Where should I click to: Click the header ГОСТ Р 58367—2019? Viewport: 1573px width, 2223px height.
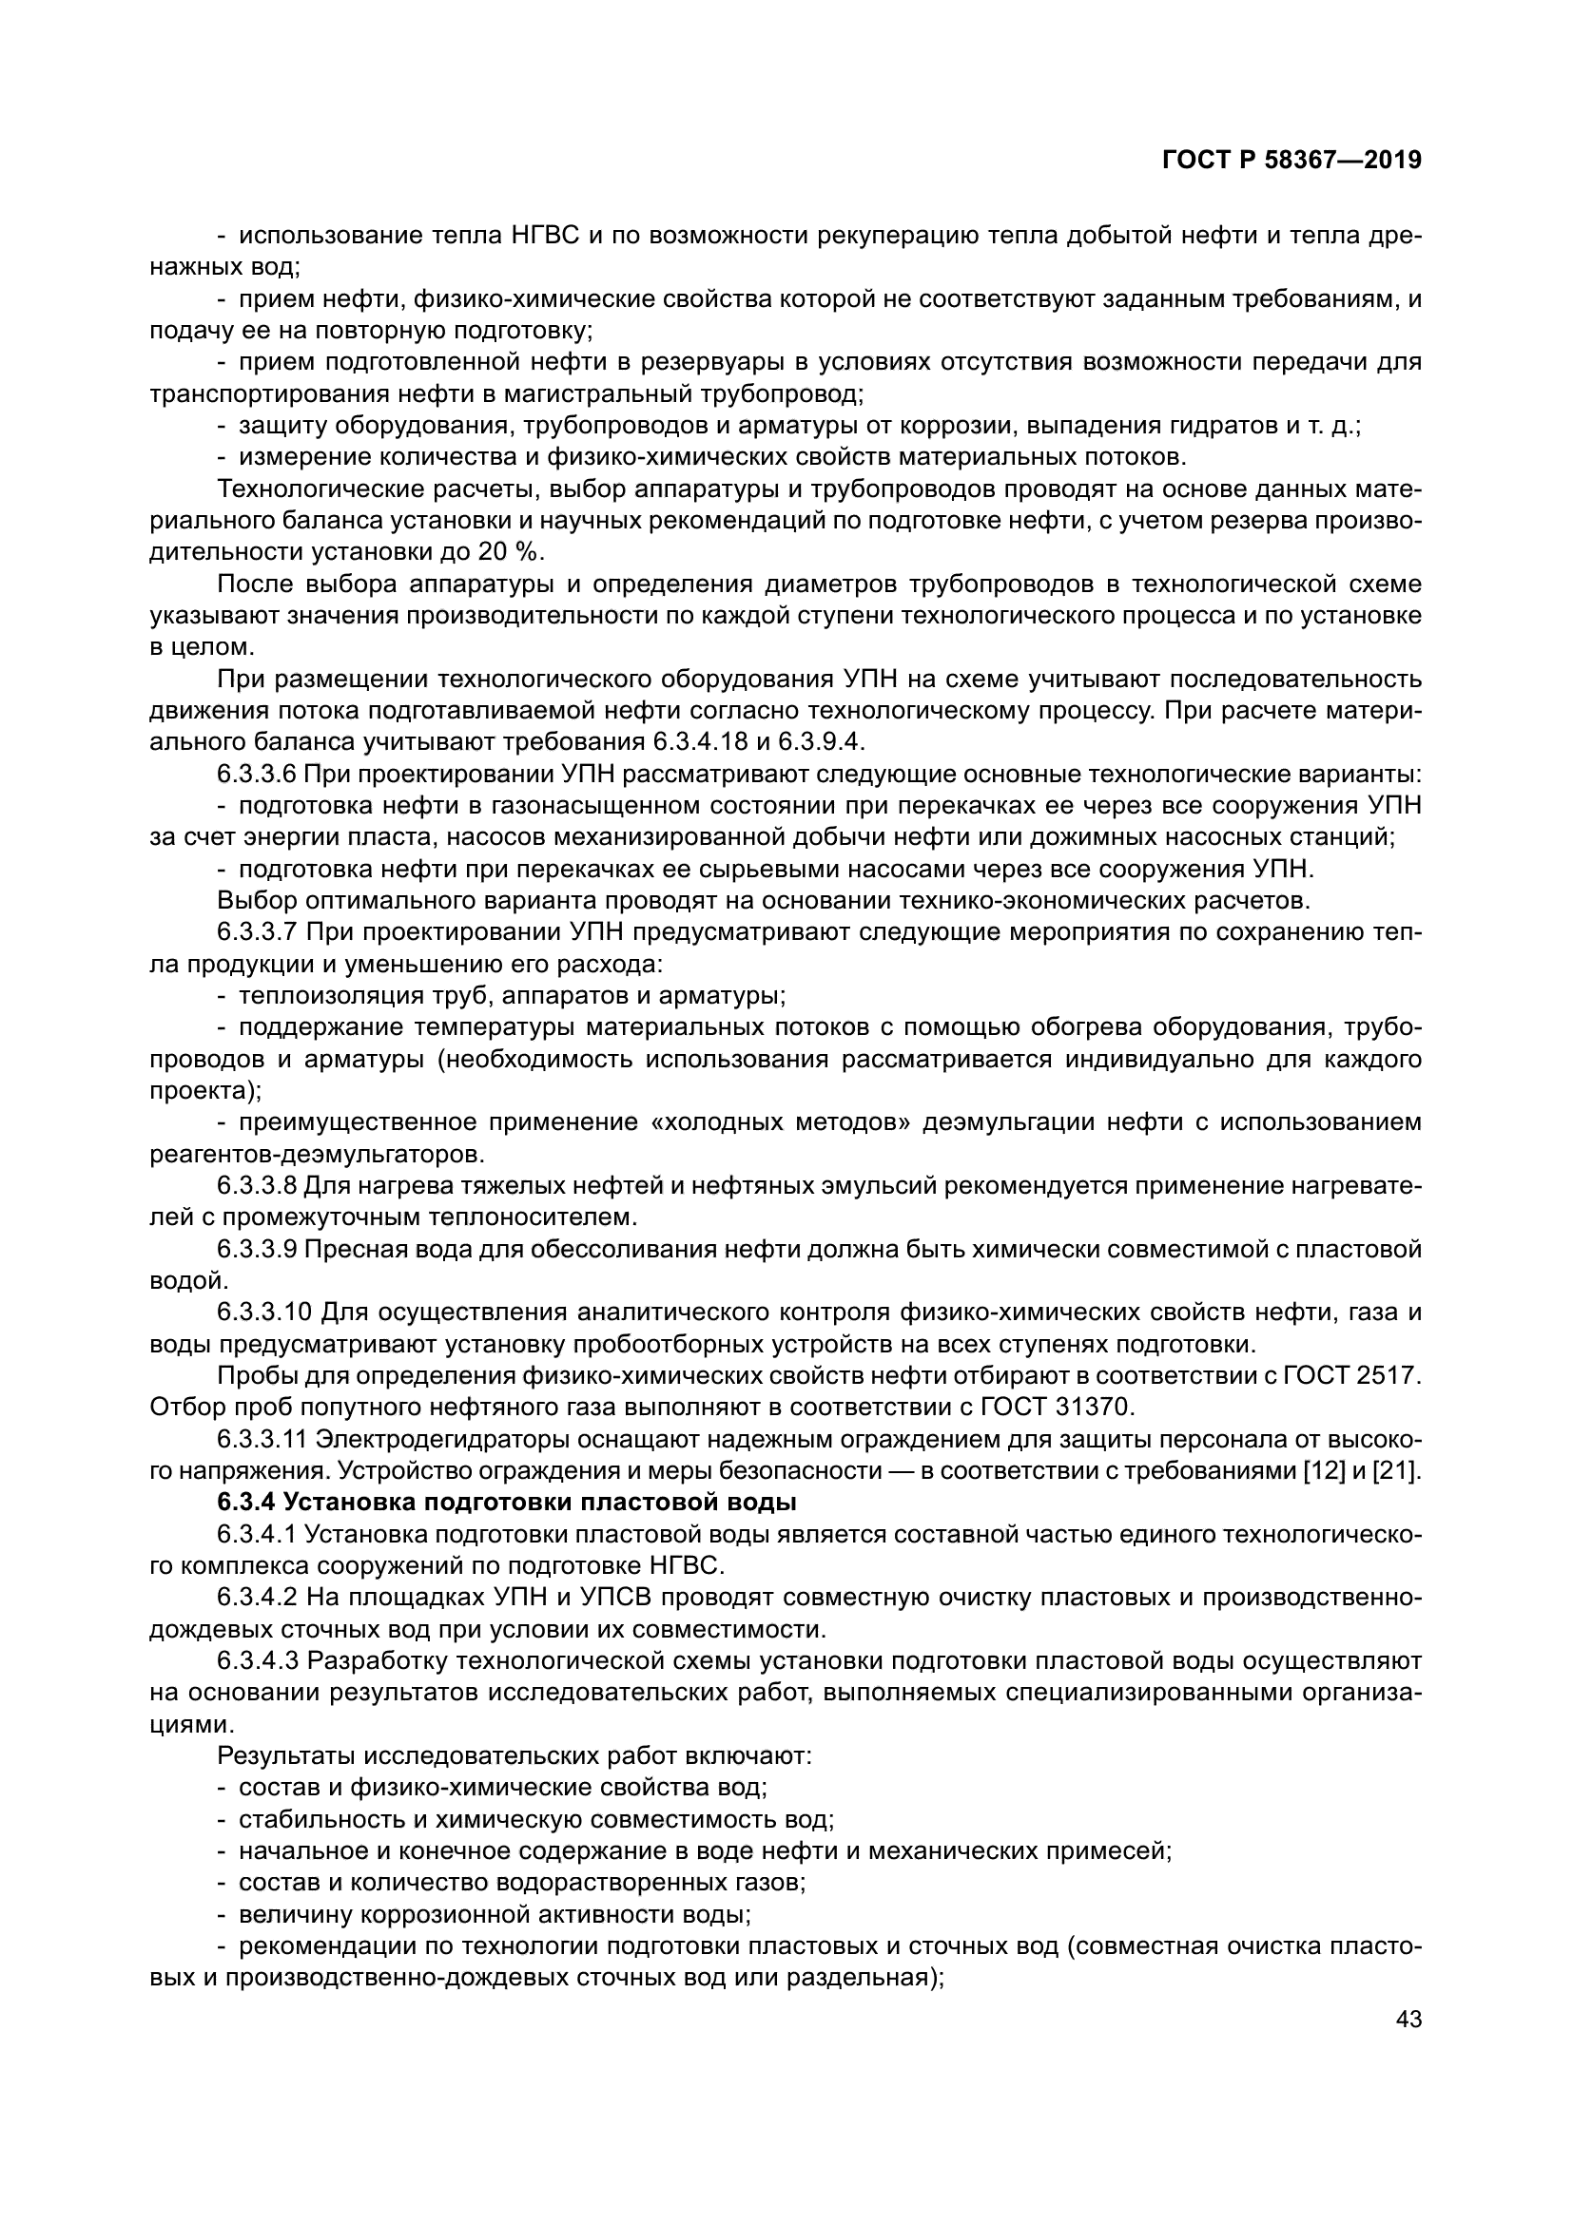coord(1291,161)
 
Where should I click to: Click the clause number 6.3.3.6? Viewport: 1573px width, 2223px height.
coord(256,774)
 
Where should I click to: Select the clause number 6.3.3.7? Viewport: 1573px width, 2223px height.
coord(256,932)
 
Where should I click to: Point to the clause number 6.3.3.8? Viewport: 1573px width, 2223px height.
coord(256,1185)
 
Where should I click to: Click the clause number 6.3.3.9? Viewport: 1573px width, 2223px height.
coord(256,1249)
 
